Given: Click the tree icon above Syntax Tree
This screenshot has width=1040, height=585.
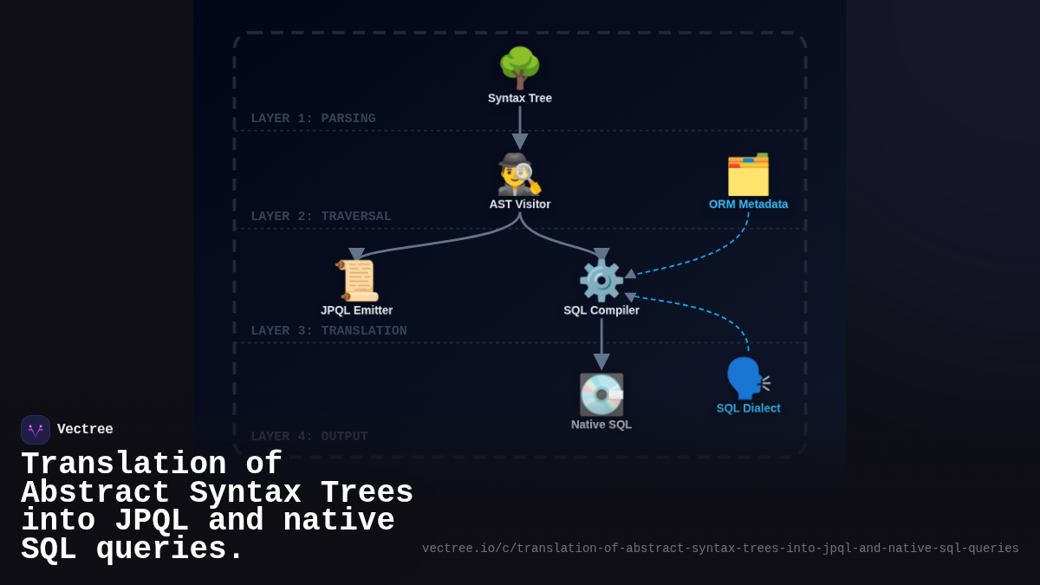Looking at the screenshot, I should point(519,68).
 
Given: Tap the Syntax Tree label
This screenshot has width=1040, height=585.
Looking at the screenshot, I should point(520,98).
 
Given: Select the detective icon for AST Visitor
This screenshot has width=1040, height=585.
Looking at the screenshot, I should point(519,174).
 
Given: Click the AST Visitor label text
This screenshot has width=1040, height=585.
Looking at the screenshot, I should point(520,205).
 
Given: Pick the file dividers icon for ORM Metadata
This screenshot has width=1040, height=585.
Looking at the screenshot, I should point(748,174).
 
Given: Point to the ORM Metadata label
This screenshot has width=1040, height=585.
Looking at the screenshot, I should point(748,205).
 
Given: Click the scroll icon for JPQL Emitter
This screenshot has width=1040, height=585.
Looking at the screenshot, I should point(357,280).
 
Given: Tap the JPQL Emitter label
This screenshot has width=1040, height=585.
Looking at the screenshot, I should point(356,310).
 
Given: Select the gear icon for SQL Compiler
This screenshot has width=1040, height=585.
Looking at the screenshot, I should point(601,280).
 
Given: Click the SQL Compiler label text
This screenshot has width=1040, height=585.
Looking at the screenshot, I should point(601,310).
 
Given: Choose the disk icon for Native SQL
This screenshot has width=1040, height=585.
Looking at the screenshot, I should point(601,394).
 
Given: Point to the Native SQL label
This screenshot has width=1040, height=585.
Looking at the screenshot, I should point(601,425).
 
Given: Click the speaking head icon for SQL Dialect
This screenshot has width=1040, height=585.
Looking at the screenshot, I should point(747,378).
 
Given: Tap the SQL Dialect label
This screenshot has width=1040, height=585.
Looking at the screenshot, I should point(748,408).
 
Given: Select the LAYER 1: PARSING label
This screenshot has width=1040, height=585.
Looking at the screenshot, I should point(313,119).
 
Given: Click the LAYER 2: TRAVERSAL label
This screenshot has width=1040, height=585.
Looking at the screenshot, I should point(321,217).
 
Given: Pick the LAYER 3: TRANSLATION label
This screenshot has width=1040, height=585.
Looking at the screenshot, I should point(328,331).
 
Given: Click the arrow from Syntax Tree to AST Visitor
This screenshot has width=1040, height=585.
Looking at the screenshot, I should point(520,127).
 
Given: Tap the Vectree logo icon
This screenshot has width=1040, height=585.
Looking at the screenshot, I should point(36,430).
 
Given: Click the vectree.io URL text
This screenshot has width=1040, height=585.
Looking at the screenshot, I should point(720,549).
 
